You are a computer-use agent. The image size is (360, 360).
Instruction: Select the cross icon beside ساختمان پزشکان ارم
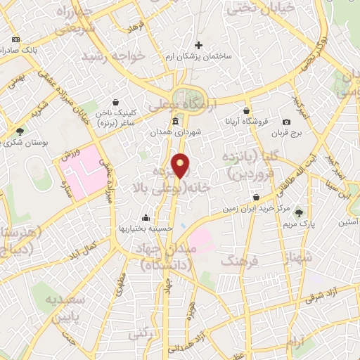pos(199,45)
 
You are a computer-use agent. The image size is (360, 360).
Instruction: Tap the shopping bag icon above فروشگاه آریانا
pos(247,110)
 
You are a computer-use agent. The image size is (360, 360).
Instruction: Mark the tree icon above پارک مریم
pos(301,212)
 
